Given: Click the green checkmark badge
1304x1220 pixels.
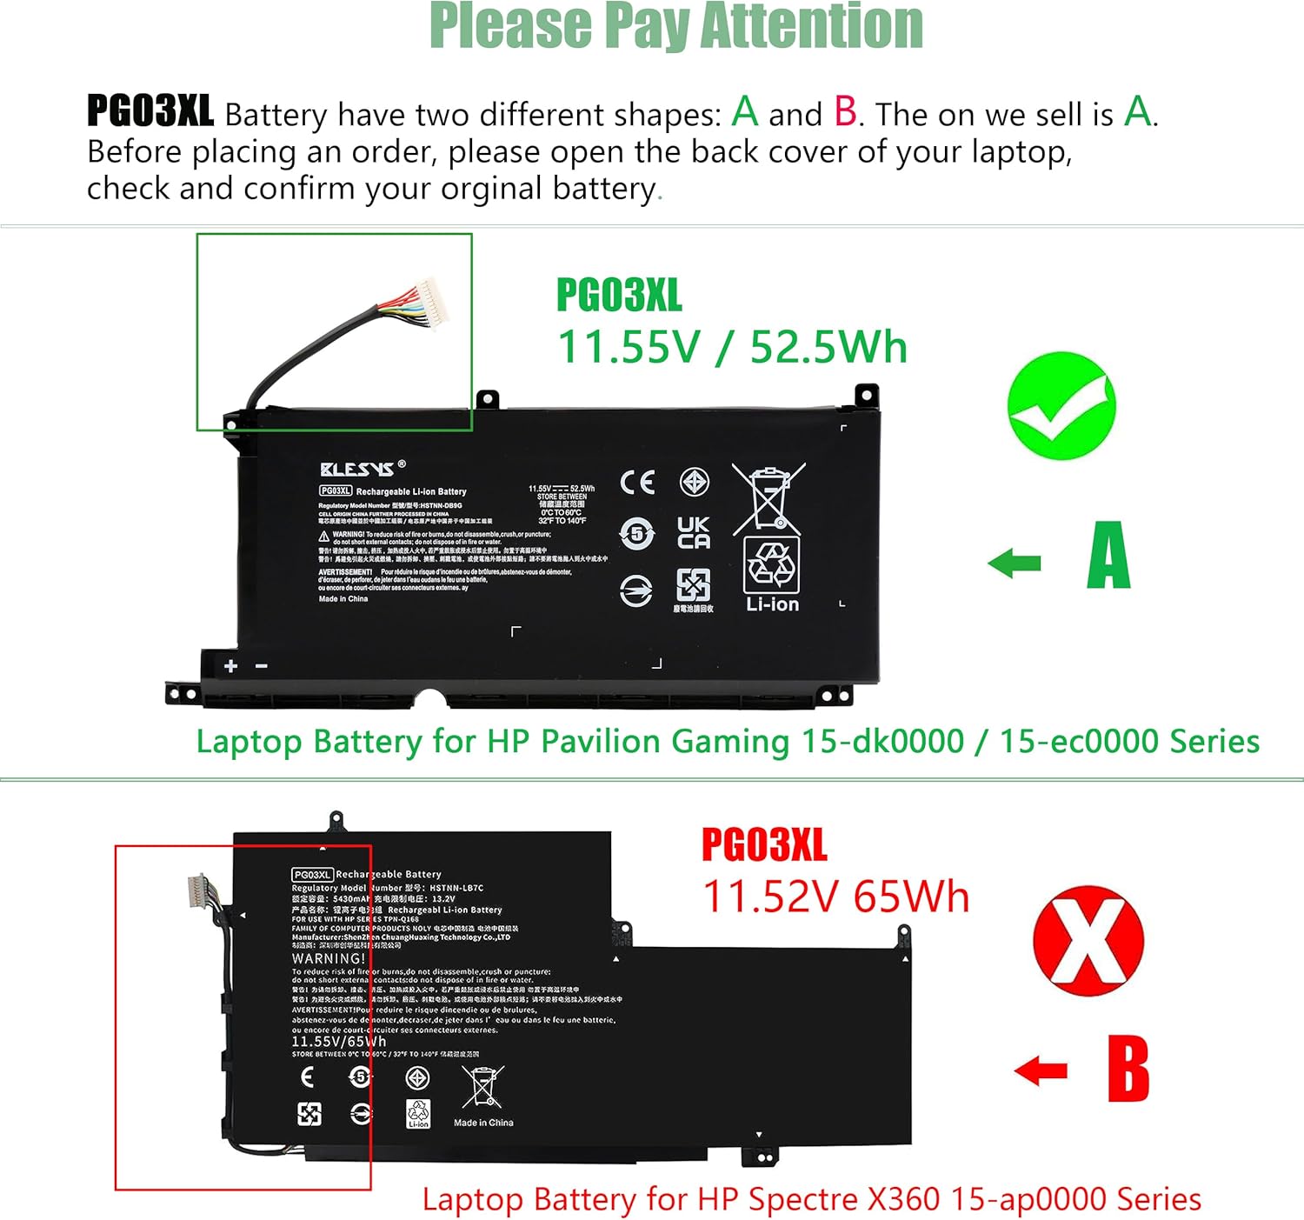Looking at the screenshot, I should pos(1061,406).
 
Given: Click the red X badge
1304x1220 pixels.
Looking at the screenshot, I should pos(1088,941).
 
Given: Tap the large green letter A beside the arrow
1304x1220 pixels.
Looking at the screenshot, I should pos(1108,556).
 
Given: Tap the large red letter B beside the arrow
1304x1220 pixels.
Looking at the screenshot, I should pos(1128,1069).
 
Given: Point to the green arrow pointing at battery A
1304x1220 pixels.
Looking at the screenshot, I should pos(1015,563).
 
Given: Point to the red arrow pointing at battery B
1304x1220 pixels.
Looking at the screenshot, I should pos(1041,1070).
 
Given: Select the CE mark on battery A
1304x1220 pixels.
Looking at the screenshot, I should pos(637,483).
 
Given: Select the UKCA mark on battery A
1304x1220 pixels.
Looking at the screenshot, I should pos(694,532).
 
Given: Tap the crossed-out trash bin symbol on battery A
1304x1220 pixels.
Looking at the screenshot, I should pos(768,498).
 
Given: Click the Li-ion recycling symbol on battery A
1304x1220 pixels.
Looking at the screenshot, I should pos(772,574).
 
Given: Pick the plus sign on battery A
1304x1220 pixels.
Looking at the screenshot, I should pos(230,666).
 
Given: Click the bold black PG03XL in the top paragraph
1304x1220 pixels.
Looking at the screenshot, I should pos(150,111).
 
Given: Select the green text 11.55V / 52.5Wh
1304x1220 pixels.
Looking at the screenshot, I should pos(732,347).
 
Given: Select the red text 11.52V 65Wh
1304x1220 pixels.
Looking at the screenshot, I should pos(835,897).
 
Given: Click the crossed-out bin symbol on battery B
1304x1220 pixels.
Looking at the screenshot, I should pos(482,1086).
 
